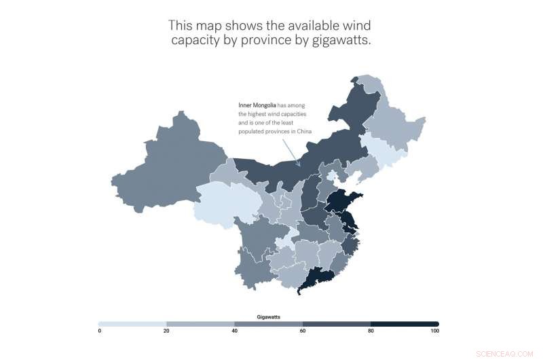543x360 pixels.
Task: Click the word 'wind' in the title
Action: pos(358,26)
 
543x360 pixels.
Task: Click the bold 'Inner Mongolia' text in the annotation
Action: pos(257,105)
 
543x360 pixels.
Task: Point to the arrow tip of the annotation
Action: pos(299,165)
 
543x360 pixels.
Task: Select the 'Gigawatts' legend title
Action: pos(269,317)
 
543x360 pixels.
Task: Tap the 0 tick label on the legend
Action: pos(100,331)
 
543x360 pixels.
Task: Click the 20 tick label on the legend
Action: pos(167,331)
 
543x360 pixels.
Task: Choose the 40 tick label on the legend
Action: pos(235,331)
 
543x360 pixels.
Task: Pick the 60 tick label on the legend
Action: pos(303,331)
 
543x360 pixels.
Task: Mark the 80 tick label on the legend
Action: pos(371,331)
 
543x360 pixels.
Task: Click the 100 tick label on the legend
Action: pos(434,331)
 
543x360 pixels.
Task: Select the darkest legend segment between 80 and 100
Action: pos(405,324)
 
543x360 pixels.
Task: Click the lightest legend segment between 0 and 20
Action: pos(133,324)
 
